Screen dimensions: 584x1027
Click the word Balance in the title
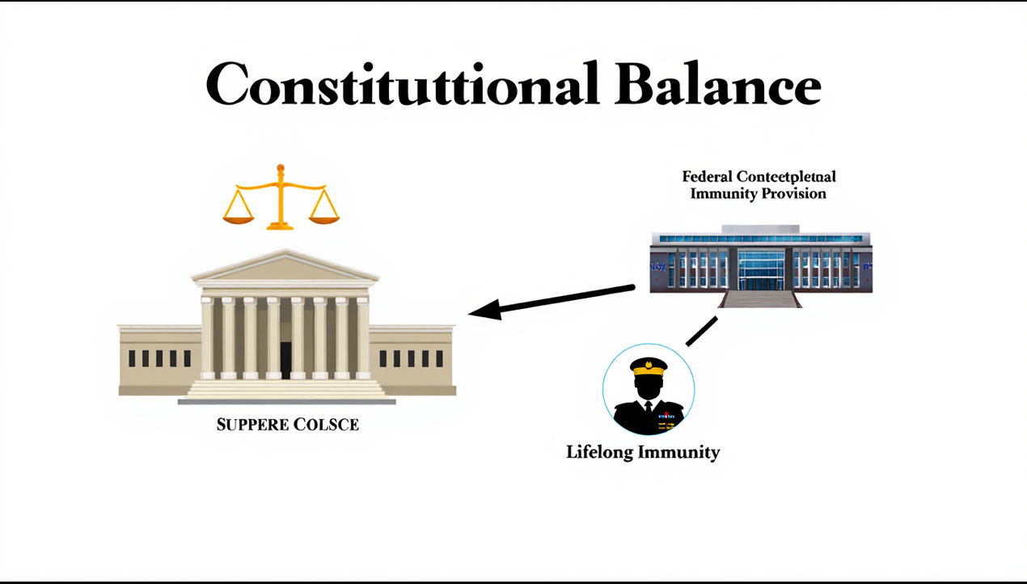(718, 84)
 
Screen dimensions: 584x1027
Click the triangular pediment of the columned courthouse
(285, 267)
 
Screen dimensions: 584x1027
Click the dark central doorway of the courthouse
(285, 360)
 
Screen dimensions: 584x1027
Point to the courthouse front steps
(285, 389)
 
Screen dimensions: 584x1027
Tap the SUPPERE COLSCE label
(287, 424)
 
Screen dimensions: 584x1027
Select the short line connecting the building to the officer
(701, 331)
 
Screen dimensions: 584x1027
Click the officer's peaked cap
(649, 366)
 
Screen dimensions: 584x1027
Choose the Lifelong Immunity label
(643, 452)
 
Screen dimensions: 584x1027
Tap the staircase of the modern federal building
(760, 298)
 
